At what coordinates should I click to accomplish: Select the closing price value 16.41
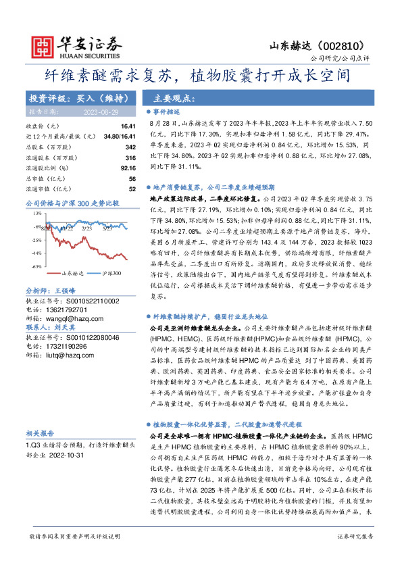[x=128, y=126]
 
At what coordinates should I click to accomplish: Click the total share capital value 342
[x=131, y=147]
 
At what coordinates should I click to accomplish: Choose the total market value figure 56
[x=132, y=178]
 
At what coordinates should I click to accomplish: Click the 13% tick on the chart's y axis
[x=39, y=213]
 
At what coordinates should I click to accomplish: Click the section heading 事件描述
[x=166, y=112]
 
